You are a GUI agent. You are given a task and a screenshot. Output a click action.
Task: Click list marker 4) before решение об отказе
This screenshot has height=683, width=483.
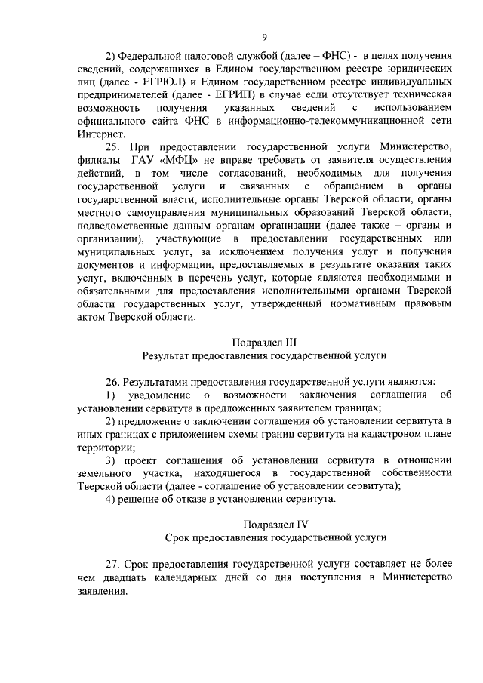pyautogui.click(x=111, y=499)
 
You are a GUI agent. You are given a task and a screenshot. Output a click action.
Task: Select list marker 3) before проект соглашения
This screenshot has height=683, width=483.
pyautogui.click(x=111, y=460)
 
